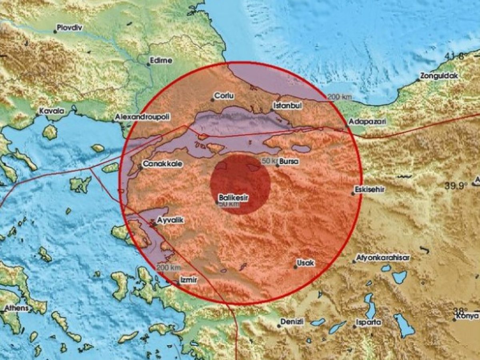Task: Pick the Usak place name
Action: coord(305,263)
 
